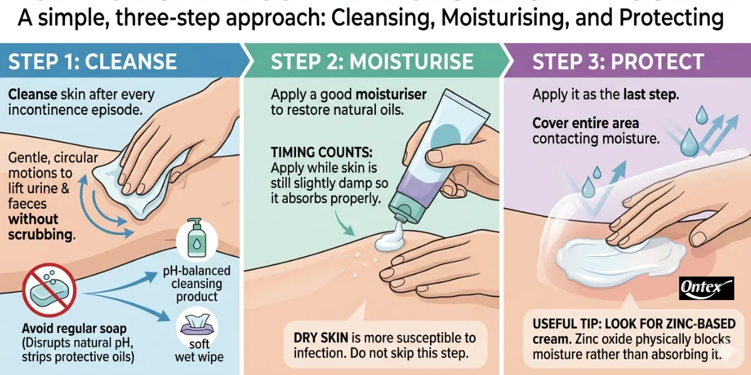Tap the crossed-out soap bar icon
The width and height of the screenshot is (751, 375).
point(49,290)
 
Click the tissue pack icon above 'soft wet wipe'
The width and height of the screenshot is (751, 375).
point(197,325)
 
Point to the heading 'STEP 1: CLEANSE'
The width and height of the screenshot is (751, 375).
point(92,62)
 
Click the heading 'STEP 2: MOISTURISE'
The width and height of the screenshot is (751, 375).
point(372,62)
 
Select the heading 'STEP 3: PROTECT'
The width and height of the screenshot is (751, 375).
point(618,62)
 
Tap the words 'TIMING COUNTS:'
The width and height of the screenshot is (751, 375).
point(322,152)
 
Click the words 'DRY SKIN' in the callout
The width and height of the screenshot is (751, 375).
point(320,337)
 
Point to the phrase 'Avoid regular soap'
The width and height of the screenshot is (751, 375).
point(74,329)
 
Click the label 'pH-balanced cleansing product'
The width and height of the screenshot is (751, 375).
point(197,283)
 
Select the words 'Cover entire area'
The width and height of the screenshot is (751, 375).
point(585,123)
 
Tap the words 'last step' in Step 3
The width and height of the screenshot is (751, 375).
point(650,94)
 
